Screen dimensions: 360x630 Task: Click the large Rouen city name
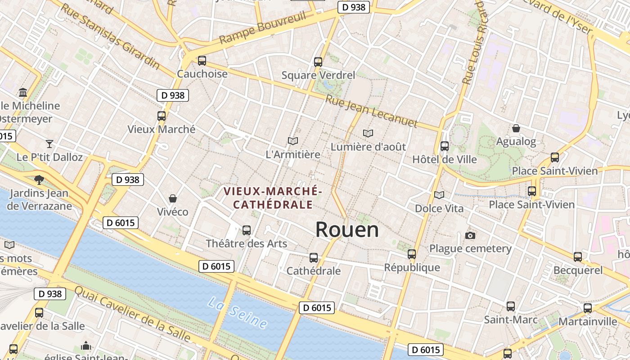[x=347, y=230]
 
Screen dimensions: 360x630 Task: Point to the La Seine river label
[x=237, y=313]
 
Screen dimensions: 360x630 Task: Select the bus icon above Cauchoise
[x=202, y=60]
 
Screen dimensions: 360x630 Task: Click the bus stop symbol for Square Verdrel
[x=318, y=62]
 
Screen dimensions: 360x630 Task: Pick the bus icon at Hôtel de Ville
[x=445, y=146]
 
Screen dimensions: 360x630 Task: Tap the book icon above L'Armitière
[x=293, y=141]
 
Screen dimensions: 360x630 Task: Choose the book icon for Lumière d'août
[x=368, y=133]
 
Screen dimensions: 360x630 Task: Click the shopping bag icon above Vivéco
[x=172, y=198]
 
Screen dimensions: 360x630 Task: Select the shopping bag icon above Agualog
[x=516, y=128]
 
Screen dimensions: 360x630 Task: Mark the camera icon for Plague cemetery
[x=470, y=235]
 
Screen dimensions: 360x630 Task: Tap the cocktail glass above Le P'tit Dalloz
[x=49, y=144]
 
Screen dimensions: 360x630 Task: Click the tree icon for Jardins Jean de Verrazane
[x=39, y=180]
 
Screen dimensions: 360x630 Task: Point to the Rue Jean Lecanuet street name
[x=372, y=111]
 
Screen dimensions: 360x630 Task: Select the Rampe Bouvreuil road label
[x=263, y=28]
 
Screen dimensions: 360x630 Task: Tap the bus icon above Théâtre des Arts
[x=247, y=230]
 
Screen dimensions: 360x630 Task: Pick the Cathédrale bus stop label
[x=314, y=271]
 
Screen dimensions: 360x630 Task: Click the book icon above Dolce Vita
[x=439, y=195]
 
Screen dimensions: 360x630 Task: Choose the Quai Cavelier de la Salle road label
[x=132, y=314]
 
